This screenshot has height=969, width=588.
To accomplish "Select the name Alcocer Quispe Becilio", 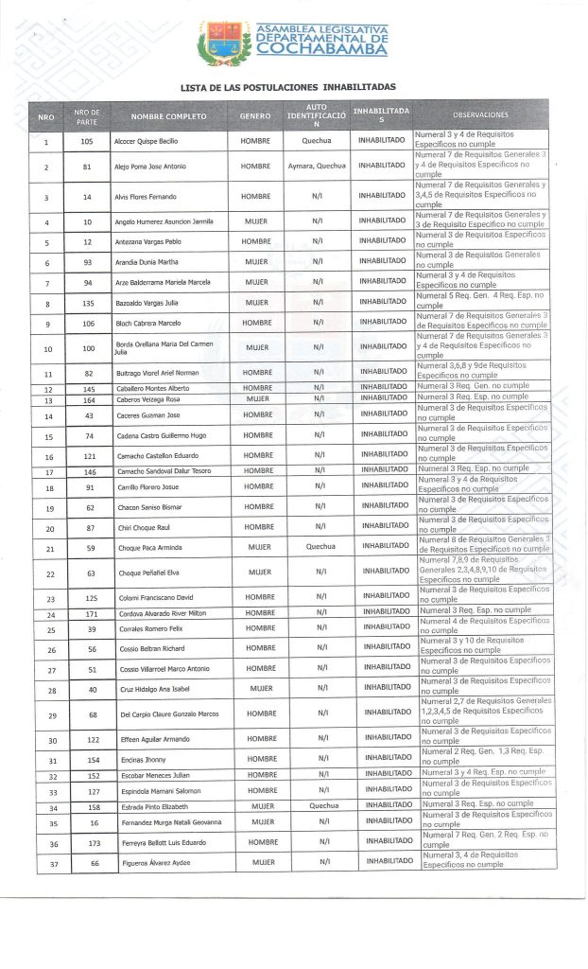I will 147,141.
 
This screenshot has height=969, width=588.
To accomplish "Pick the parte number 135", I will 88,303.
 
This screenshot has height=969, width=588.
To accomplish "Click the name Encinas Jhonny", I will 137,760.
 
